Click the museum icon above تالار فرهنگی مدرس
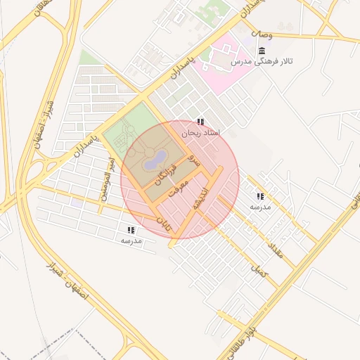click(262, 51)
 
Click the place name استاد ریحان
click(201, 132)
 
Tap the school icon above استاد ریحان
click(201, 122)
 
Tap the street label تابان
click(163, 224)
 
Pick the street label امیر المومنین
click(108, 179)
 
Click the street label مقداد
click(274, 250)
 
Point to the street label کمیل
click(259, 269)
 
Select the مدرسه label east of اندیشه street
click(260, 207)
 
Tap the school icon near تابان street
click(131, 230)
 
